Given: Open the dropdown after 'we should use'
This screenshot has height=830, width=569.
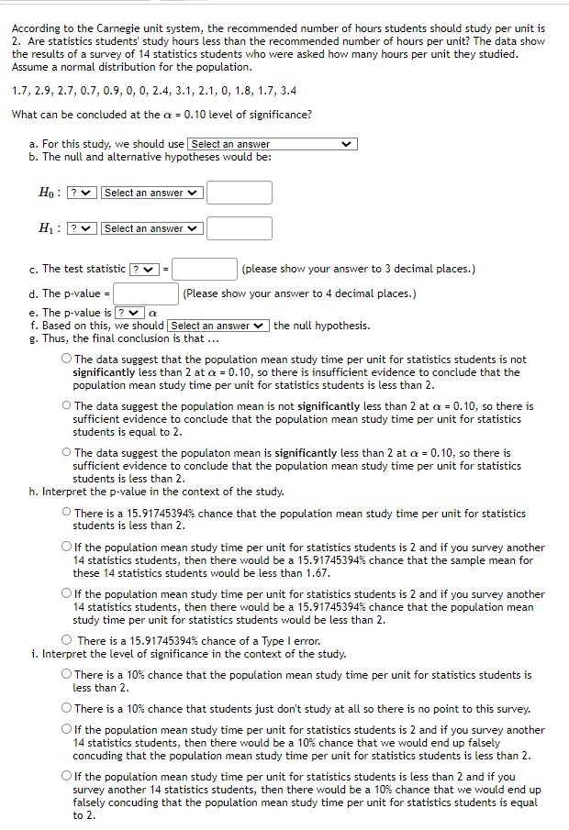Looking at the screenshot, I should click(x=272, y=144).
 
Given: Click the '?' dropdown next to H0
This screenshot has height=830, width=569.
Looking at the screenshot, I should click(x=81, y=193).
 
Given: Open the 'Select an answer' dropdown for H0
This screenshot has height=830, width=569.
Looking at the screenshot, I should click(x=151, y=193).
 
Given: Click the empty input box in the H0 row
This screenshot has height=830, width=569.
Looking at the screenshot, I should click(x=239, y=193).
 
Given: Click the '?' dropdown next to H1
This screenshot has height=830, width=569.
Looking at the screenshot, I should click(x=81, y=228).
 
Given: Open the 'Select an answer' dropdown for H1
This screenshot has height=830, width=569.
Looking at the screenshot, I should click(x=151, y=228).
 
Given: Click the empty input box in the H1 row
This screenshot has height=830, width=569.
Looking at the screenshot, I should click(x=239, y=228).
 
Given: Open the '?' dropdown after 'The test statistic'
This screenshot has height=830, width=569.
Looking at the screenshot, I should click(x=145, y=269).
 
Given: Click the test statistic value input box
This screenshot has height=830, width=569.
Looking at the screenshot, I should click(x=205, y=269).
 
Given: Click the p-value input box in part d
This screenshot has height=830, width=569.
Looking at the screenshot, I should click(x=146, y=293).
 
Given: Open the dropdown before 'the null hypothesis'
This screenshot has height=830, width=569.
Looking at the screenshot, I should click(x=218, y=326).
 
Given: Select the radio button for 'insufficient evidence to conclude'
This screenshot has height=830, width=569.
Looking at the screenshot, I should click(x=66, y=360).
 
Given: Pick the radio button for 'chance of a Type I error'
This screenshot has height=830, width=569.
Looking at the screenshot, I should click(x=66, y=640).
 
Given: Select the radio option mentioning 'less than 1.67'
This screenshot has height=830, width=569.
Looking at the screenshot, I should click(x=66, y=548).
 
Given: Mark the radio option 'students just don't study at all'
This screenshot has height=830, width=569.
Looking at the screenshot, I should click(x=66, y=709).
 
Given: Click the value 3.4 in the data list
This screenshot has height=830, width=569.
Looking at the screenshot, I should click(x=287, y=91).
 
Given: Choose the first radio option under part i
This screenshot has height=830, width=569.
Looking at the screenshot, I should click(x=66, y=675).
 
